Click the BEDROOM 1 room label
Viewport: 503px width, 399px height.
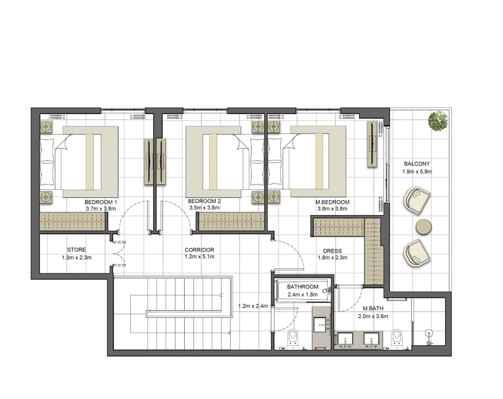101,202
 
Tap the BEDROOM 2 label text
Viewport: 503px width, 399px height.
204,201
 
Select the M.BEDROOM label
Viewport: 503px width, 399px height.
332,202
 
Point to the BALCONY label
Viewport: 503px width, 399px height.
417,164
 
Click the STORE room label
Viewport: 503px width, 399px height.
77,250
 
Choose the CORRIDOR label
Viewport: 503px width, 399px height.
199,250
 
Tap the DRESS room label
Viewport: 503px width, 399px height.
332,251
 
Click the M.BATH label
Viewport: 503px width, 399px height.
373,309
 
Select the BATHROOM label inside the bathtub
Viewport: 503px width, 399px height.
302,287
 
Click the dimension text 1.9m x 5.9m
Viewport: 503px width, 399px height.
417,172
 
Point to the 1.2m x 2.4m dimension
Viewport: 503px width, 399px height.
253,306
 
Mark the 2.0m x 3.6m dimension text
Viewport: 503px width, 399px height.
373,316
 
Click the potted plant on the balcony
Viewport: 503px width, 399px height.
438,121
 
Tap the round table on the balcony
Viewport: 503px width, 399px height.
423,227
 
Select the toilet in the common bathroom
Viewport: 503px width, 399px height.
292,338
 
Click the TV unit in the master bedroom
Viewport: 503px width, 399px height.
372,144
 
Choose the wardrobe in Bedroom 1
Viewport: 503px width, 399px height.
72,221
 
